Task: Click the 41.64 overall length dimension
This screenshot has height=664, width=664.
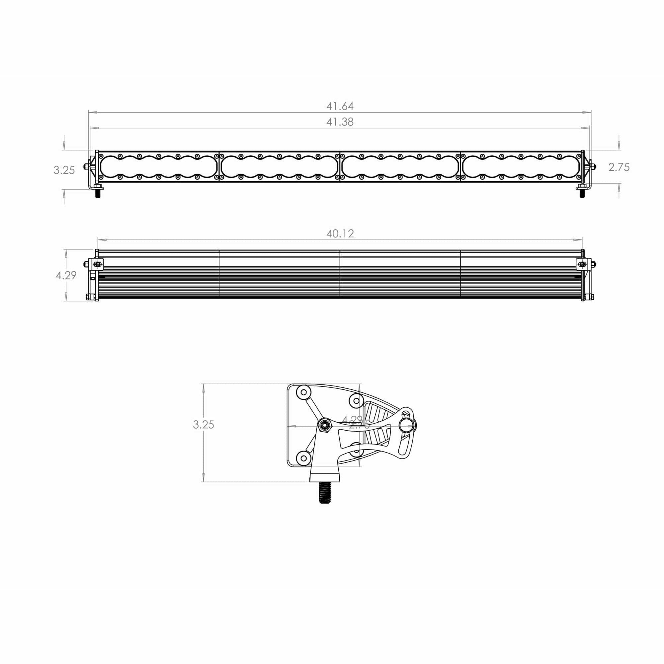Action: click(340, 106)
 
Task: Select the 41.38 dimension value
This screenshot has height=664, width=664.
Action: click(340, 122)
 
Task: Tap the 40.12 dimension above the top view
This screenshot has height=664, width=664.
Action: click(340, 234)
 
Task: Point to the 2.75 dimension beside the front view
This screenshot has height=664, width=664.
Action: click(619, 167)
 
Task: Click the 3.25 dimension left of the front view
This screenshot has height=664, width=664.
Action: click(64, 170)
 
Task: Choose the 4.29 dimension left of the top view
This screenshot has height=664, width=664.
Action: click(66, 275)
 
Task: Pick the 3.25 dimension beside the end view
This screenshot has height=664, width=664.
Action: click(204, 425)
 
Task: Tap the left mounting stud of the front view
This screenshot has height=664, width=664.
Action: click(98, 194)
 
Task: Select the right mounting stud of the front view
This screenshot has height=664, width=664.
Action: click(582, 193)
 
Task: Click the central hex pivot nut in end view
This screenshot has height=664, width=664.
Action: click(324, 426)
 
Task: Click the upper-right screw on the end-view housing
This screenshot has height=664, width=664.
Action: click(356, 400)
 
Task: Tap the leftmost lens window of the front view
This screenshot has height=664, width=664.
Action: click(158, 167)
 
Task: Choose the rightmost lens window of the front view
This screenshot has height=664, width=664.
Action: click(521, 167)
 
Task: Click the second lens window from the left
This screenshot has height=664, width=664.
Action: click(279, 167)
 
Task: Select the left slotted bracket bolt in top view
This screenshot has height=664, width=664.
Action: click(98, 264)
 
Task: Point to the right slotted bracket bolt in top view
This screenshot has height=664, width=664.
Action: click(582, 264)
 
